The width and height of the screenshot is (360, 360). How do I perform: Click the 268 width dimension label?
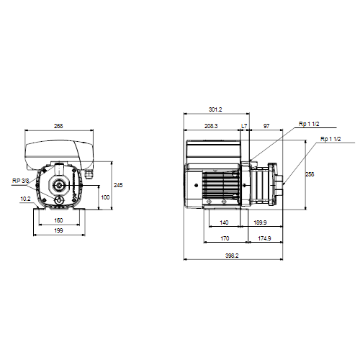point(58,126)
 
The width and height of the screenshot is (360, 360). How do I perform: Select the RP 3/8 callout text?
point(20,181)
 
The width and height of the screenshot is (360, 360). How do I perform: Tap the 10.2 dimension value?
point(25,199)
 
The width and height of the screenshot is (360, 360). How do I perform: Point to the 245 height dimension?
point(118,185)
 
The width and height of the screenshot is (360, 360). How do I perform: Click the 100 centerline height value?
point(105,197)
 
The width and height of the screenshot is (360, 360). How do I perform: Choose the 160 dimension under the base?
point(58,220)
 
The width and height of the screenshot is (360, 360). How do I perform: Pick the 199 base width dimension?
point(58,230)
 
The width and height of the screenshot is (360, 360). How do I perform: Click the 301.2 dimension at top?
point(215,109)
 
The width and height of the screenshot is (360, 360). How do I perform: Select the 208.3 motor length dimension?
point(211,126)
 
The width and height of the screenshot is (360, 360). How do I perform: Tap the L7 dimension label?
point(244,126)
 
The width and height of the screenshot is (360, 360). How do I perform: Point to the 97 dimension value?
point(266,126)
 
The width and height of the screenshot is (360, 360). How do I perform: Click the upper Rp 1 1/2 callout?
point(309,124)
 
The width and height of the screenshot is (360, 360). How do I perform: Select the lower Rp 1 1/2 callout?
point(330,139)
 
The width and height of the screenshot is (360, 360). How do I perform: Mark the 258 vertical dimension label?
point(310,174)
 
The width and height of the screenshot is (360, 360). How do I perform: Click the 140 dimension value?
point(224,222)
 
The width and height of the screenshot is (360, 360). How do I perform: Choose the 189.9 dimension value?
point(260,222)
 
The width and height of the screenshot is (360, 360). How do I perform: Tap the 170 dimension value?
point(225,238)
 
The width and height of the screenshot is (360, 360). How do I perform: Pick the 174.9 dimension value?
point(264,238)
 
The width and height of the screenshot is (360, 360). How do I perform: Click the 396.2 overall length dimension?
point(232,256)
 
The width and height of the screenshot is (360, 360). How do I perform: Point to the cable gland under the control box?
point(89,174)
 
